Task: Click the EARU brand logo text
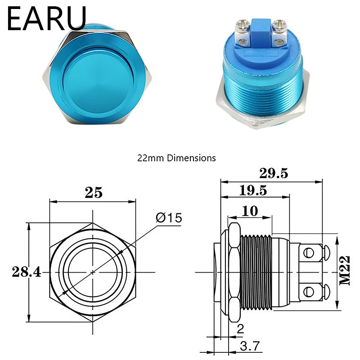[x=47, y=18]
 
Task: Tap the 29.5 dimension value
[x=274, y=173]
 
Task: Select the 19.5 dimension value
[x=253, y=190]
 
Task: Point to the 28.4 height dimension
[x=27, y=272]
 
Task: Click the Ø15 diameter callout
[x=169, y=218]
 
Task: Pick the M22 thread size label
[x=345, y=270]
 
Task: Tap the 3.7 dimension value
[x=250, y=346]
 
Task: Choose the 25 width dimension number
[x=94, y=193]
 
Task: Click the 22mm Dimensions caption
[x=176, y=158]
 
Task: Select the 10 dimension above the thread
[x=250, y=211]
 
